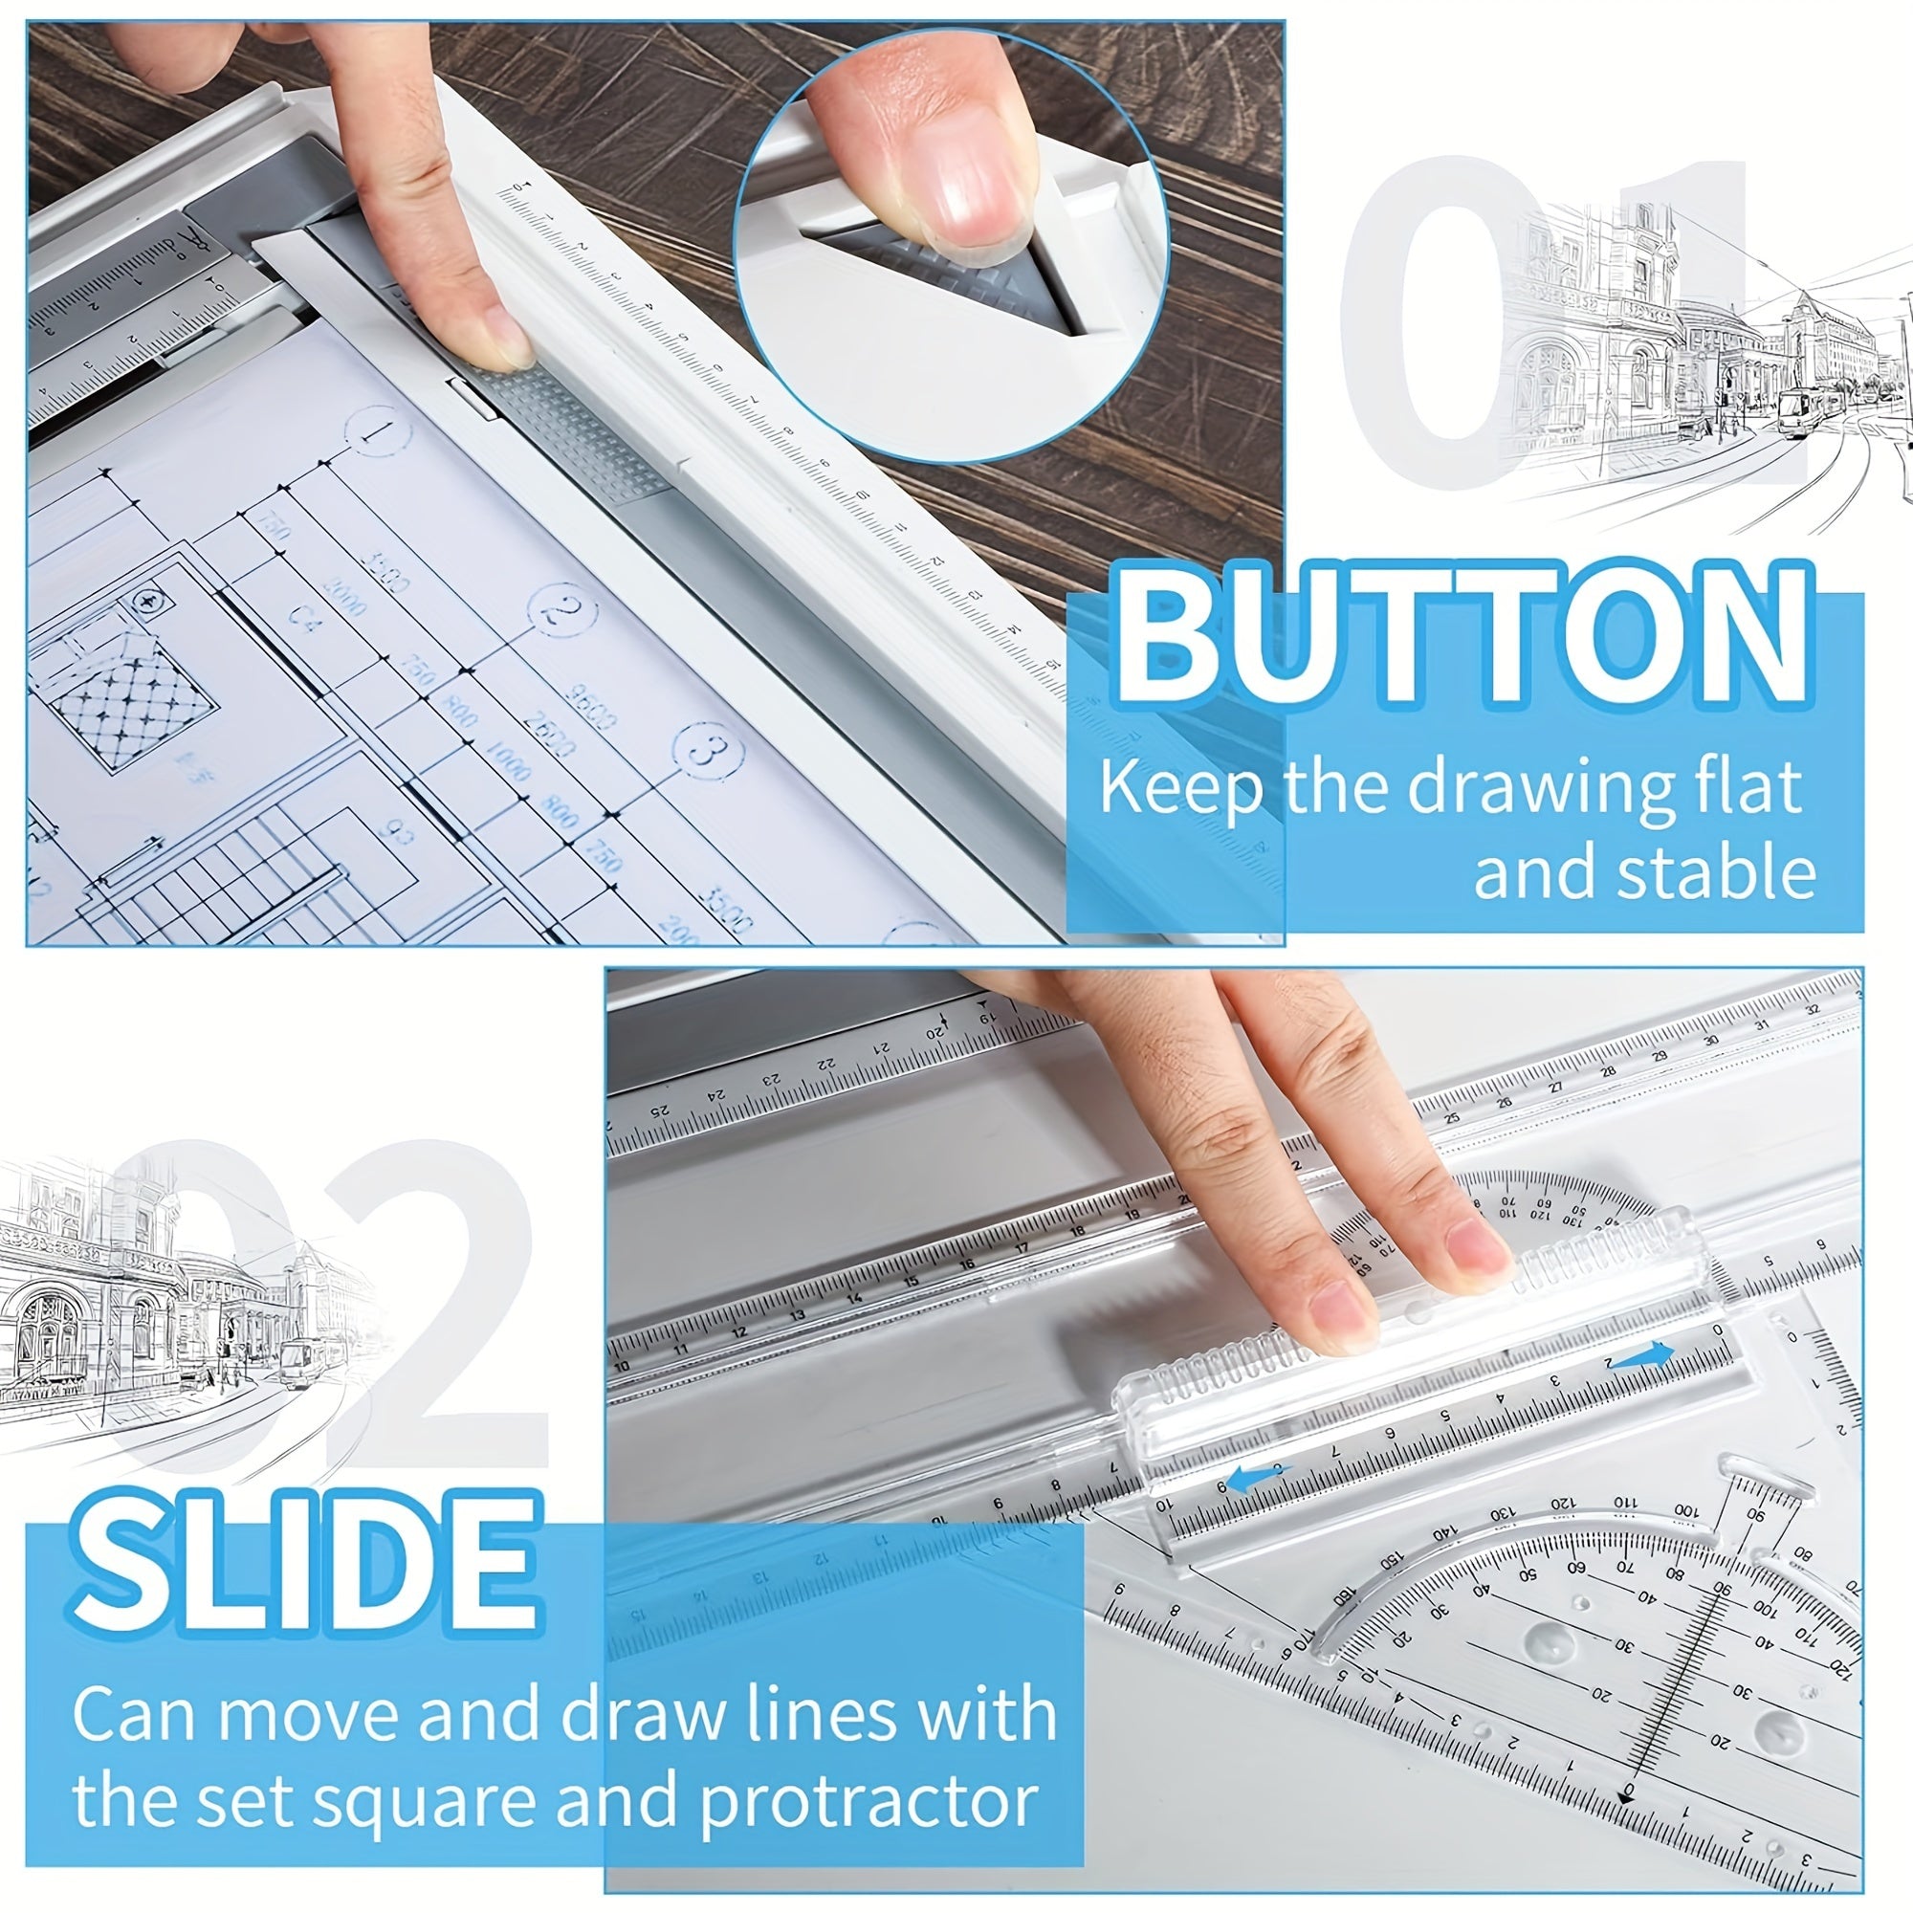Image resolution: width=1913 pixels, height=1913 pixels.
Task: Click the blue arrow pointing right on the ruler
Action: pos(1643,1357)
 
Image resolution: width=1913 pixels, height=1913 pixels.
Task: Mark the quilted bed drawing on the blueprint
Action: pos(129,699)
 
